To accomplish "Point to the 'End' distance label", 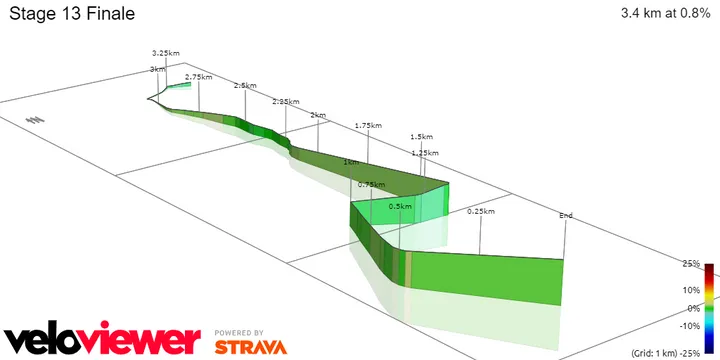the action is point(566,215).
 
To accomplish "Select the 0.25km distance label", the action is point(481,211).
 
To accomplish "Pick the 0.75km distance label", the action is point(371,184).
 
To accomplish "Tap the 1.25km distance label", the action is point(425,152).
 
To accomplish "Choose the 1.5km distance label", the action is point(421,136).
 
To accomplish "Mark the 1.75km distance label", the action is point(368,125).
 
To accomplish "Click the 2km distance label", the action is point(318,116).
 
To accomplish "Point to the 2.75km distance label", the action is point(199,76).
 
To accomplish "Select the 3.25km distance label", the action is point(166,52).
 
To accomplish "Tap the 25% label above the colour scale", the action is point(691,264).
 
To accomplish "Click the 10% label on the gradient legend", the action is point(691,290).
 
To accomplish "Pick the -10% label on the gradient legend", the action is point(689,326).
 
